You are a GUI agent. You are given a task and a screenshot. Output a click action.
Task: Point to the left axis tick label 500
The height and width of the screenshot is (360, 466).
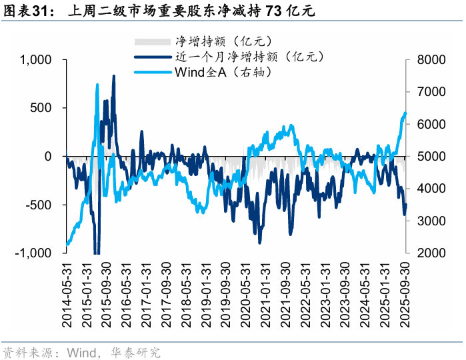(42, 108)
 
